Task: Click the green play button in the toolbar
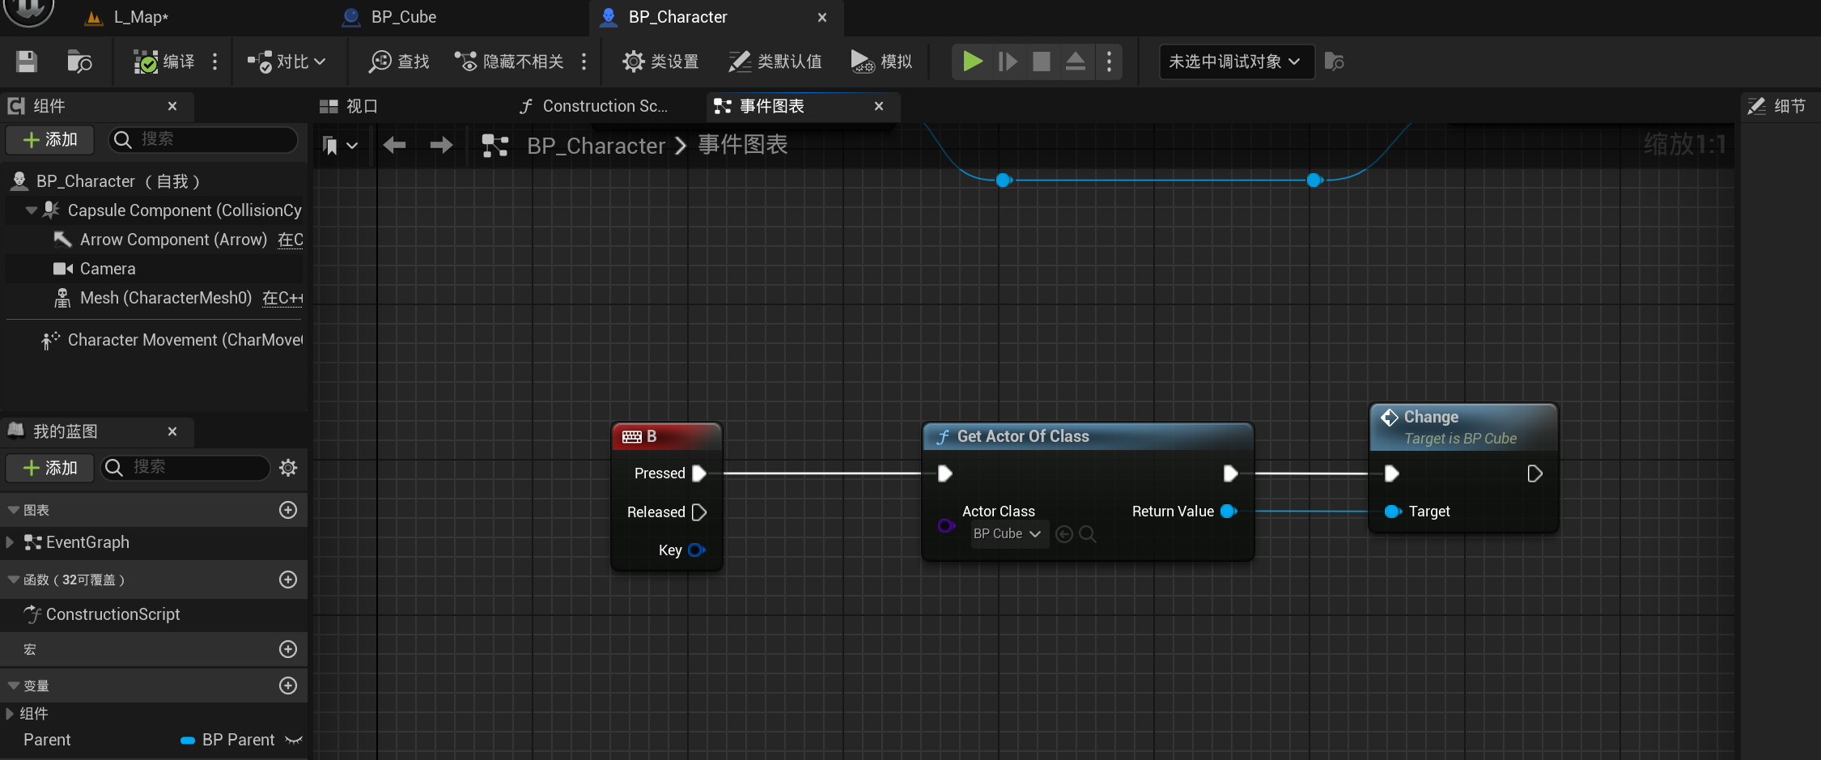pos(972,62)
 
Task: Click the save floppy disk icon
pos(27,62)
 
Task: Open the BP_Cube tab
pos(403,17)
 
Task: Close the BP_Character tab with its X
pos(822,17)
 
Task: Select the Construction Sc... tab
pos(604,106)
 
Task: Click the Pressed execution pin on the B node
pos(699,473)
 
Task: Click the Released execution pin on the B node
pos(699,512)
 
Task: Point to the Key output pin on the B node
pos(696,550)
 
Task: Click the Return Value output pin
pos(1229,512)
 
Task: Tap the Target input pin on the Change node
pos(1392,512)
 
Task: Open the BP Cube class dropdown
pos(1008,534)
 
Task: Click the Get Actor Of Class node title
pos(1023,437)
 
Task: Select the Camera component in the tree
pos(108,269)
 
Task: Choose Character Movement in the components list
pos(185,340)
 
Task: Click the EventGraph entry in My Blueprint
pos(87,542)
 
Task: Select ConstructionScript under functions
pos(112,614)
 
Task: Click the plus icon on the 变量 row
pos(288,686)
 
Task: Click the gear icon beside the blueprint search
pos(288,468)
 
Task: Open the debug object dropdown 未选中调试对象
pos(1235,62)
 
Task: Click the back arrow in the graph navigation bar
pos(395,146)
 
